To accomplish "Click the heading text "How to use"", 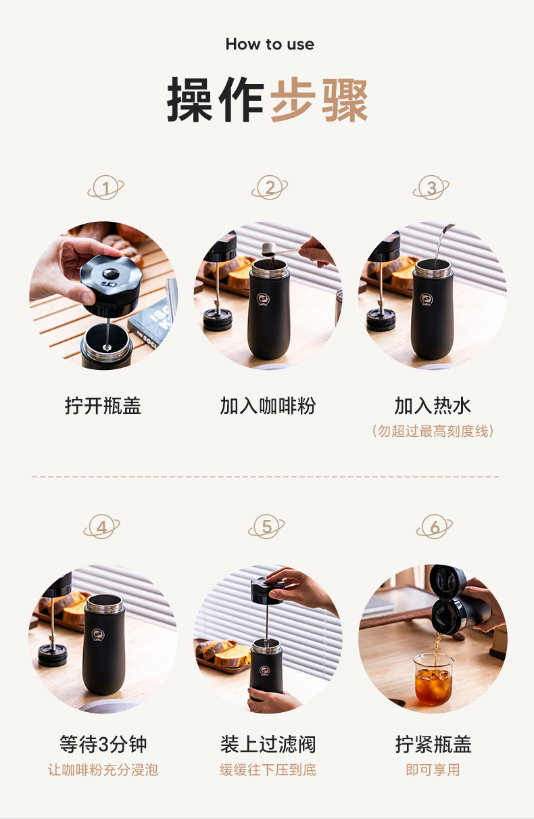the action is tap(270, 44).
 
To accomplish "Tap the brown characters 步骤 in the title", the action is tap(319, 99).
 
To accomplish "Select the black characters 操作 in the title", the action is tap(215, 99).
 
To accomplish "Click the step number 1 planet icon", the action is tap(105, 187).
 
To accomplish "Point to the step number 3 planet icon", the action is tap(431, 187).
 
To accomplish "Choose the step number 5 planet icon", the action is tap(266, 526).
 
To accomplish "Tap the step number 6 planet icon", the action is tap(435, 526).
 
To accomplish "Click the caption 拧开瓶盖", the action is tap(103, 406).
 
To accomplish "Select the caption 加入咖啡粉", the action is tap(268, 406).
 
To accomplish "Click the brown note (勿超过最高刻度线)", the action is tap(433, 431).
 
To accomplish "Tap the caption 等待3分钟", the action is tap(103, 744).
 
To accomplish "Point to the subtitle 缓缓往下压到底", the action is tap(268, 770).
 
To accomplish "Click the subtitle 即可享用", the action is tap(433, 770).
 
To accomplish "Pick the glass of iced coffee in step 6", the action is tap(433, 680).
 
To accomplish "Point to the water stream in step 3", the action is tap(441, 245).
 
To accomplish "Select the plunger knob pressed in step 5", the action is tap(267, 590).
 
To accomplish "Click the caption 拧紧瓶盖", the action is tap(433, 744).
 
